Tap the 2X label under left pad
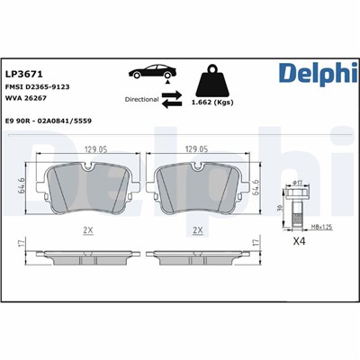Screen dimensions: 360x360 pyautogui.click(x=88, y=231)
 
